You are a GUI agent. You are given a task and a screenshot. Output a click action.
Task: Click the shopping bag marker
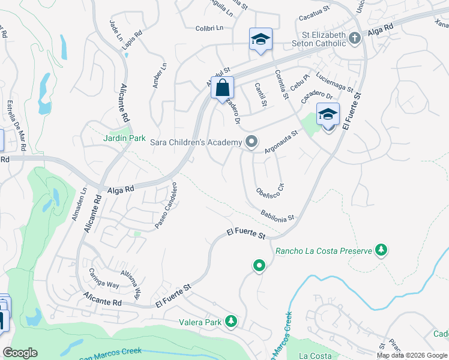[x=222, y=88]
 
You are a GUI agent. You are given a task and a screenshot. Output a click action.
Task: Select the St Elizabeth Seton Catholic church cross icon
[x=355, y=38]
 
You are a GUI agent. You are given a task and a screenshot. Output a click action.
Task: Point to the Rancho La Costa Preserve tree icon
[x=380, y=250]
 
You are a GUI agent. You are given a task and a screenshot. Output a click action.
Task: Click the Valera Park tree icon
[x=231, y=322]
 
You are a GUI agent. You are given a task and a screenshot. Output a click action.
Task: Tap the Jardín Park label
[x=124, y=138]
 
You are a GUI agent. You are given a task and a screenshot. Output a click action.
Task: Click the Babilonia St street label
[x=277, y=215]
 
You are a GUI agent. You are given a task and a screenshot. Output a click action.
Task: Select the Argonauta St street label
[x=282, y=142]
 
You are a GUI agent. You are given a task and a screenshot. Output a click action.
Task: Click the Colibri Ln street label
[x=209, y=28]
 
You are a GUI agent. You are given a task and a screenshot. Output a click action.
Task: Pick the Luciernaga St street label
[x=334, y=83]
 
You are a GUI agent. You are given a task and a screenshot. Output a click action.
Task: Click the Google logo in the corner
[x=20, y=352]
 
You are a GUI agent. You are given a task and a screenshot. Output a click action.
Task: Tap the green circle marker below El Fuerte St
[x=259, y=265]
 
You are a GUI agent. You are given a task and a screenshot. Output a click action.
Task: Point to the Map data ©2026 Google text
[x=412, y=355]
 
